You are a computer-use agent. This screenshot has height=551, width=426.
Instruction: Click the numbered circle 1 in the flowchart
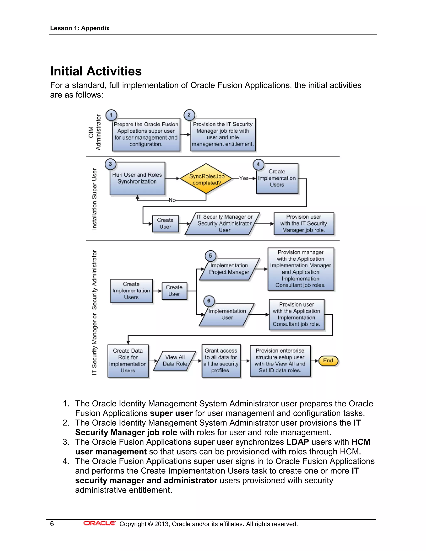coord(111,115)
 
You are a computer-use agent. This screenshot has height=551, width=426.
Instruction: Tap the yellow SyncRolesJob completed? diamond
coord(206,179)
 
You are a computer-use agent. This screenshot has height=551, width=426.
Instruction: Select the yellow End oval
coord(328,361)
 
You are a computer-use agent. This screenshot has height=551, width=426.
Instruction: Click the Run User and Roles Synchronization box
coord(137,178)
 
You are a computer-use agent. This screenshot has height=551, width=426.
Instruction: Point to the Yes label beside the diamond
coord(244,178)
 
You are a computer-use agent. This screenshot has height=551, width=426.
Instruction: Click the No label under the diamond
coord(172,200)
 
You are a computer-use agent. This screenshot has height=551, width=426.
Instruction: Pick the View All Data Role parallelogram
coord(175,361)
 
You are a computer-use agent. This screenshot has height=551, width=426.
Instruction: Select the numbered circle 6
coord(209,301)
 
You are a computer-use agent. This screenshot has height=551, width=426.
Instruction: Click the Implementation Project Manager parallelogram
coord(229,269)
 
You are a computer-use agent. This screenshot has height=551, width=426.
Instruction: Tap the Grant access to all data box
coord(221,361)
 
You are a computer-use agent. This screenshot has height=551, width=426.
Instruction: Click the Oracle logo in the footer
coord(99,523)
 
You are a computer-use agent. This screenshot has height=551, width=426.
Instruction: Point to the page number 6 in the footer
coord(52,524)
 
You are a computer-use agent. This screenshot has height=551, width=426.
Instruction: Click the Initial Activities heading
coord(96,71)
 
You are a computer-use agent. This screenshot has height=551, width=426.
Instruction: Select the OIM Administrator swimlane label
coord(95,132)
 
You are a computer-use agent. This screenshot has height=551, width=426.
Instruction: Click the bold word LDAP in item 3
coord(297,442)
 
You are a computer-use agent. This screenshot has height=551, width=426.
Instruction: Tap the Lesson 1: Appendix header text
coord(80,28)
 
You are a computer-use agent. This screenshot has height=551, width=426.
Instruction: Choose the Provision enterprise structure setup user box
coord(280,361)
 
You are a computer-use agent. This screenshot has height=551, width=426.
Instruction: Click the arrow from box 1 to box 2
coord(185,135)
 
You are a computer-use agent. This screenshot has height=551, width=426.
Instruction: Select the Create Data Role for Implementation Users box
coord(128,361)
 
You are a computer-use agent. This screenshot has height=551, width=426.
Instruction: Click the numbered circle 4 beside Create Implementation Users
coord(258,164)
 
